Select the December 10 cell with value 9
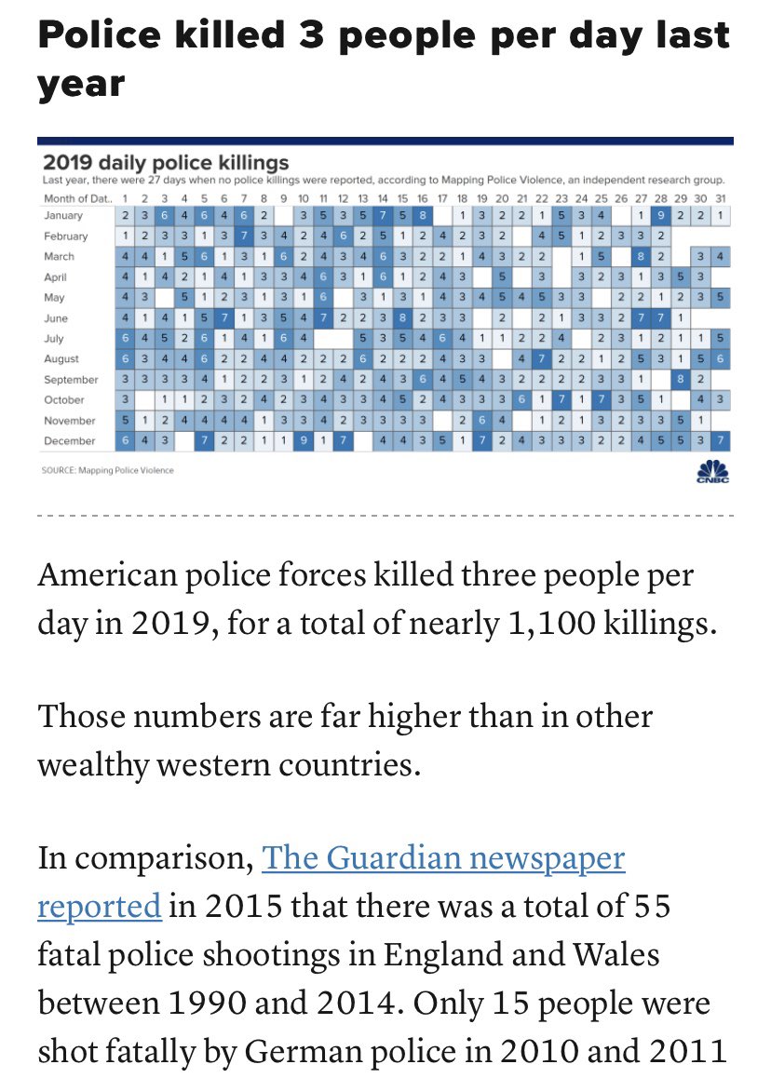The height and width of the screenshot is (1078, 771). pos(304,440)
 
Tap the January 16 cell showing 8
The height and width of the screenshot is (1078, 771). pos(422,216)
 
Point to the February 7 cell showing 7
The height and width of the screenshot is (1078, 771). pos(244,236)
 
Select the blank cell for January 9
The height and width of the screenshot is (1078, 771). pos(284,216)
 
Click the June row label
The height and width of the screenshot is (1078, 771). pos(55,318)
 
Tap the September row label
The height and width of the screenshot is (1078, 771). pos(70,380)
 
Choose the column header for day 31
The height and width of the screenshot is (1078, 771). pos(722,198)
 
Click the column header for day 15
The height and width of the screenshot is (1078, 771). pos(402,198)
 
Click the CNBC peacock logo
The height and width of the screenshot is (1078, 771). pos(712,470)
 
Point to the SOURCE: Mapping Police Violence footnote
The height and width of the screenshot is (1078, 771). pos(108,470)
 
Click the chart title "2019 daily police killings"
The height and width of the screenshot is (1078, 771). pos(166,163)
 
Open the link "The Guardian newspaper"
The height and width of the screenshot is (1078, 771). pos(443,856)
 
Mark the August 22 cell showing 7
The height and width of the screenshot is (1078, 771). pos(542,359)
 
